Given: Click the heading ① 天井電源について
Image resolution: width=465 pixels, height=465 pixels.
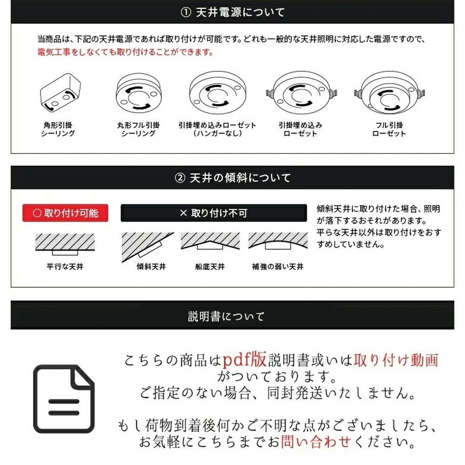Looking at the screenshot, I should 232,12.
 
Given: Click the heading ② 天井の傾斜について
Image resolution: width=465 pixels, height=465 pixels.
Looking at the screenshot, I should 232,178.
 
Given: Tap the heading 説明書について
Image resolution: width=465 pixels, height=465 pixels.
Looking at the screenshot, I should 226,317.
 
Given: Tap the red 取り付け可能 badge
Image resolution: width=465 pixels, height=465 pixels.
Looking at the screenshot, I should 65,213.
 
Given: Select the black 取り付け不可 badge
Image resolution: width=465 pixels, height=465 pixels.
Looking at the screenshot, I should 213,213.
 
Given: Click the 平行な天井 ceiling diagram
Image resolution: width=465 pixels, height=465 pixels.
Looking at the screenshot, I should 65,244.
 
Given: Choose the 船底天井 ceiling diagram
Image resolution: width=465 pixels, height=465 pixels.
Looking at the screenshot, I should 210,243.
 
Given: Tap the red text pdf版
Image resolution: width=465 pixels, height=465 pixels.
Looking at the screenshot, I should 244,359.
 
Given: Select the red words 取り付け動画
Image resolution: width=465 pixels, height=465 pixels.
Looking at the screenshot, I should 396,360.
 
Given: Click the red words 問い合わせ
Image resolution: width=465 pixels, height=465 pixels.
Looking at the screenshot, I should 315,441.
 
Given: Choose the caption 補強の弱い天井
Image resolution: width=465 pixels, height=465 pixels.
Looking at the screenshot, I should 278,267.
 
